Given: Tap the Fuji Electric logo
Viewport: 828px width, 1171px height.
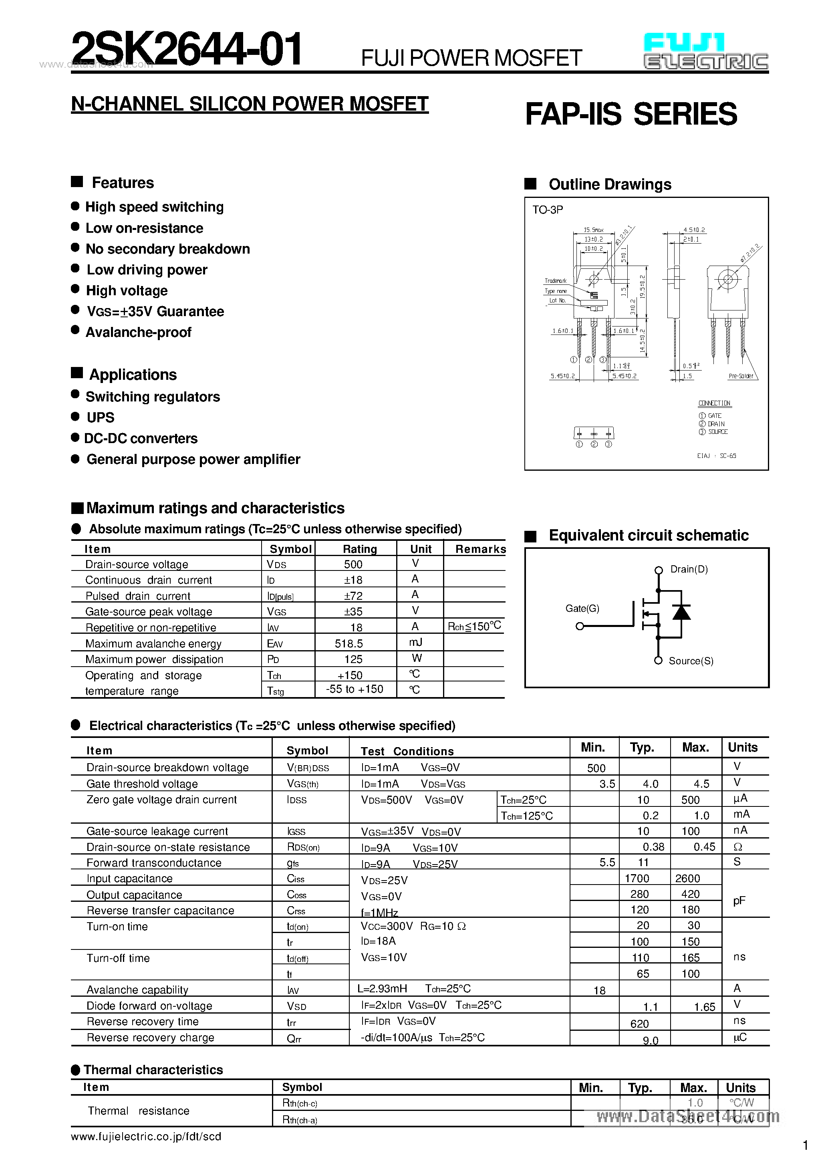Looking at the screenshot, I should (x=706, y=52).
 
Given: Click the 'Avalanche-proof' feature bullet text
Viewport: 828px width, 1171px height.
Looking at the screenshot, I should (x=138, y=332).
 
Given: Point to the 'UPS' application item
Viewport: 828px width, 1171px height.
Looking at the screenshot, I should (x=101, y=417).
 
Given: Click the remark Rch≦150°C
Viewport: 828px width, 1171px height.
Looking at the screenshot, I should (x=474, y=626).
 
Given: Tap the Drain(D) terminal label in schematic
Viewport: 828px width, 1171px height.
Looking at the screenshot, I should (x=689, y=569).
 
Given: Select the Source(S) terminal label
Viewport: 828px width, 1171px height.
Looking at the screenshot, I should (x=691, y=661).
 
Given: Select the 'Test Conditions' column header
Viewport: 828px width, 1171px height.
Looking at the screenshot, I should (x=407, y=751).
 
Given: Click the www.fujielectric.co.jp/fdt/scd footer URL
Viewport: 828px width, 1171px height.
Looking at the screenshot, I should (x=146, y=1136).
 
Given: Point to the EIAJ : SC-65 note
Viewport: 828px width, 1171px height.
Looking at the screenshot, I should (x=716, y=456).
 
